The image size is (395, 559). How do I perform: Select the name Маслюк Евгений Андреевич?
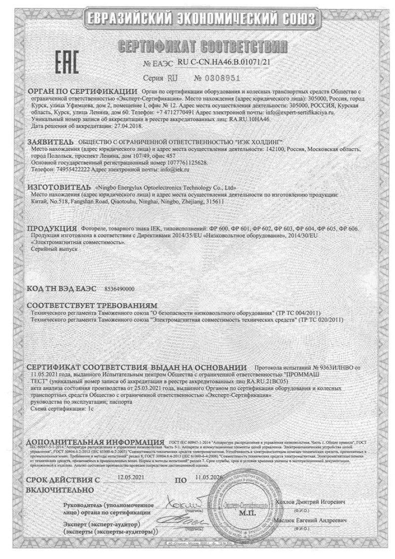(x=311, y=520)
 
